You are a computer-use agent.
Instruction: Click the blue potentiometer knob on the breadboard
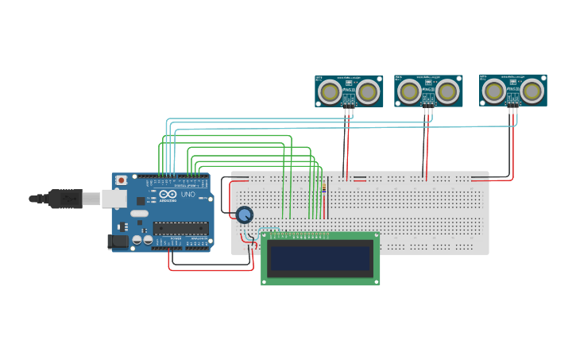[244, 215]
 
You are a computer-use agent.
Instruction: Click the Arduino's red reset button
[121, 180]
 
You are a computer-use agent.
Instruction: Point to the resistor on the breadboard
[324, 188]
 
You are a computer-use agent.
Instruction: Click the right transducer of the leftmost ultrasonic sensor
[368, 92]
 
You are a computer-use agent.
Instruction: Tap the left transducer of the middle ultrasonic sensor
[409, 91]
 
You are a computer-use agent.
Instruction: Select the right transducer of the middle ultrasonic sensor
[448, 91]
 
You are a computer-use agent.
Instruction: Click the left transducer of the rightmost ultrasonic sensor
[493, 91]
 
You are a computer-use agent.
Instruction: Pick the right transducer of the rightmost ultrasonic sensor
[532, 91]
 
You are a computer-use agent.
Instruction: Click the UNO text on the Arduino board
[187, 195]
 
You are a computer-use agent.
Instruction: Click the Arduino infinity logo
[168, 194]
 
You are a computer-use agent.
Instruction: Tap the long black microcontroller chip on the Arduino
[180, 228]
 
